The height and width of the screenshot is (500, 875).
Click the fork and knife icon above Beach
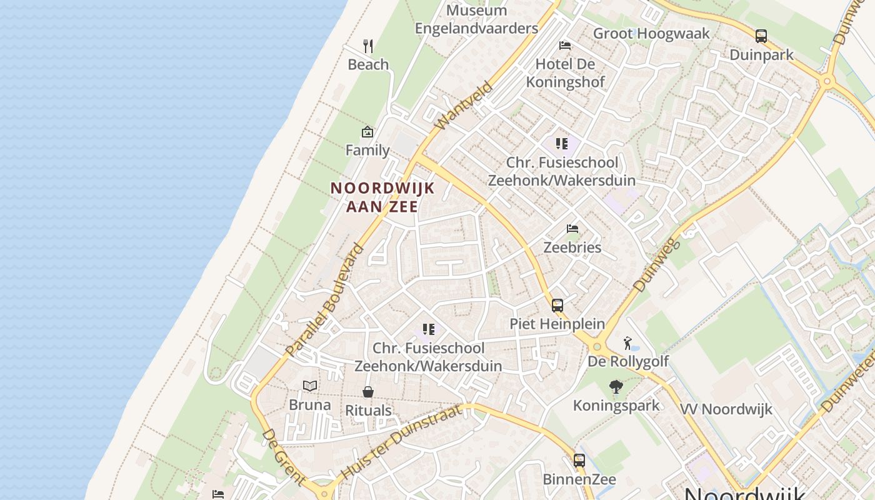(368, 46)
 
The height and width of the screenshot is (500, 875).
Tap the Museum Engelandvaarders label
(476, 19)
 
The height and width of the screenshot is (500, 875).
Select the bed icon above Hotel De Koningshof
(565, 45)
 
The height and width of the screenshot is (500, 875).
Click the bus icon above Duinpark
(761, 36)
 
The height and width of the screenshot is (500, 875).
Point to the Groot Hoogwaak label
(651, 34)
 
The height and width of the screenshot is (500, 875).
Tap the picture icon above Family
(367, 132)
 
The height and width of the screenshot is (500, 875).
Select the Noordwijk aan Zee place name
(382, 197)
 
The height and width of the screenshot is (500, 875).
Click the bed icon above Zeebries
(572, 229)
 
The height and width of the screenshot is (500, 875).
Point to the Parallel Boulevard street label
(324, 299)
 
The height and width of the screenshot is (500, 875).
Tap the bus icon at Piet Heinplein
(557, 306)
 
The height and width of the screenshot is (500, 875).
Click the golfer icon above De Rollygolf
(627, 343)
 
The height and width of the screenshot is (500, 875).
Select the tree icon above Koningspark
(616, 387)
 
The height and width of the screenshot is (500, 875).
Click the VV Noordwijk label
(726, 409)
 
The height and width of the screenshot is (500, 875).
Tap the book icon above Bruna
(310, 386)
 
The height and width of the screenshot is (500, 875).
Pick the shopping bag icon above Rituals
(368, 392)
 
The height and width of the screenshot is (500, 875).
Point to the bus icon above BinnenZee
(579, 461)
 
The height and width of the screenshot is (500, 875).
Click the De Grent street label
(284, 457)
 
